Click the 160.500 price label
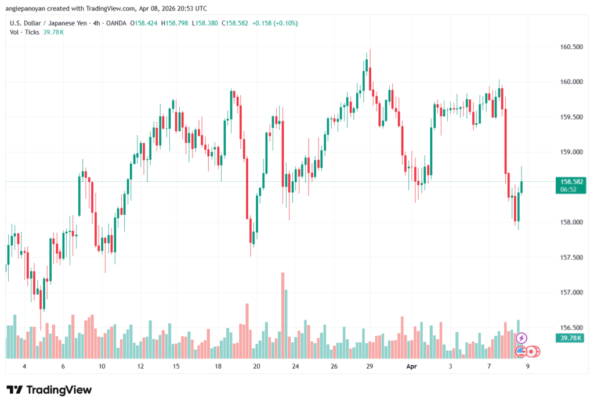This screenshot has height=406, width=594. pyautogui.click(x=568, y=46)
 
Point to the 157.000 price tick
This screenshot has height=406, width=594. pyautogui.click(x=568, y=292)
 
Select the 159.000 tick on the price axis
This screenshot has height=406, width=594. pyautogui.click(x=568, y=152)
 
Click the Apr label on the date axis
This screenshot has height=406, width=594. pyautogui.click(x=411, y=367)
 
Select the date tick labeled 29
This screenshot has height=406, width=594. pyautogui.click(x=369, y=367)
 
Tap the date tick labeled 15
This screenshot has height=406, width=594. pyautogui.click(x=176, y=367)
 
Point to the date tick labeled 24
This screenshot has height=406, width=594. pyautogui.click(x=295, y=367)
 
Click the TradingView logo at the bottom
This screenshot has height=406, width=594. pyautogui.click(x=49, y=389)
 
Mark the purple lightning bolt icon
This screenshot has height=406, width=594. pyautogui.click(x=521, y=338)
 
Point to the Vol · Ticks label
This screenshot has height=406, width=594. pyautogui.click(x=24, y=32)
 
